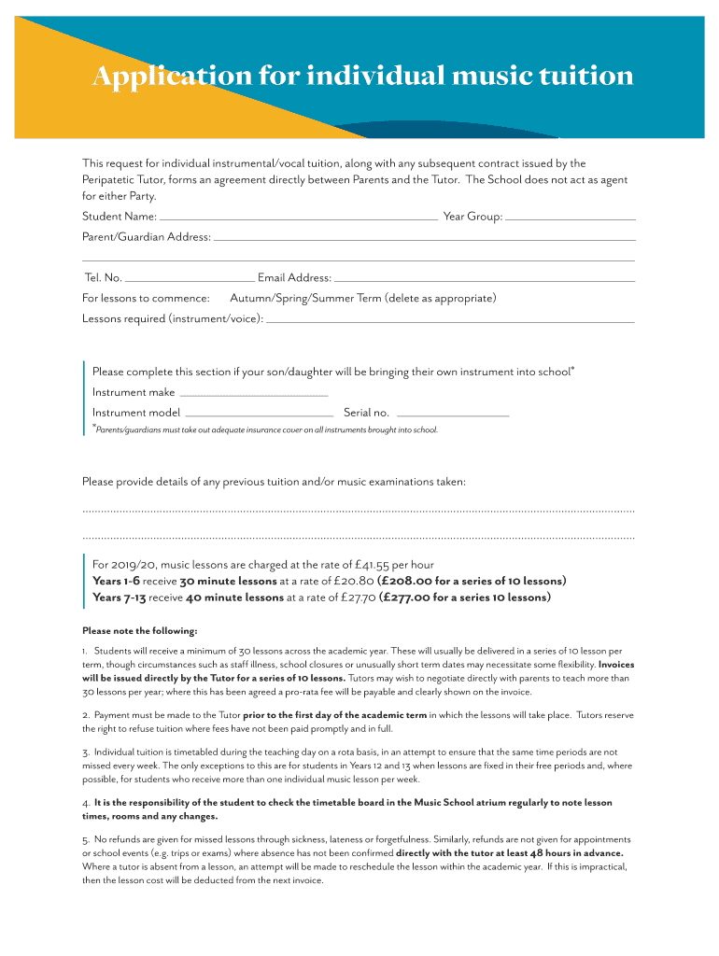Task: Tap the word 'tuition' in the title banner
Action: (587, 77)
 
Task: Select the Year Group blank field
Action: (571, 218)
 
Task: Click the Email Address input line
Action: (485, 278)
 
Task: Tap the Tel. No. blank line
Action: (190, 278)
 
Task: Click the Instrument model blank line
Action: (260, 414)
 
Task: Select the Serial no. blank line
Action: (453, 414)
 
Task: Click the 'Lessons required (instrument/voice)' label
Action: (173, 319)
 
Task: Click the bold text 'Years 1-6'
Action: (116, 582)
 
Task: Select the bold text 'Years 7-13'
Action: (120, 598)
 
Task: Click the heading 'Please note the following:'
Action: (140, 630)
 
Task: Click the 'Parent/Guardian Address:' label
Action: (147, 238)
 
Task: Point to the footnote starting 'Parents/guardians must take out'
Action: (266, 430)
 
